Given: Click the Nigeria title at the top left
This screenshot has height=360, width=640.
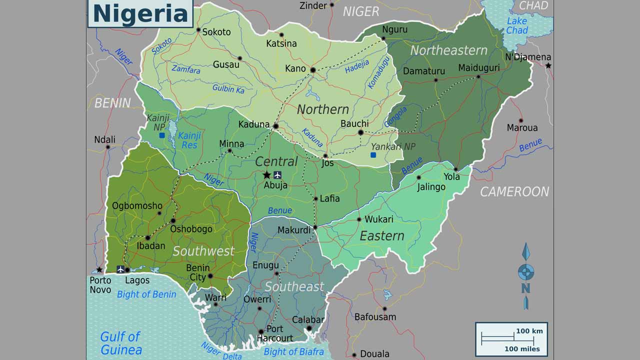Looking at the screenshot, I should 140,13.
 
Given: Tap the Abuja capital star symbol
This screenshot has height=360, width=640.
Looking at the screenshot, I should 267,174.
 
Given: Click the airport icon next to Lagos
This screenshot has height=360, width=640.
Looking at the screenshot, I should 120,269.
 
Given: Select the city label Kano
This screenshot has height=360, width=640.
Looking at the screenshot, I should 295,68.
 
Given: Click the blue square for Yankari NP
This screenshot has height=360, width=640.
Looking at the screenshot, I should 373,155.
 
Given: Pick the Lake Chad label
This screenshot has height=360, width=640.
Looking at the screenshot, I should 516,25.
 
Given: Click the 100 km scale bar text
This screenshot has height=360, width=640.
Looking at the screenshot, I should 529,331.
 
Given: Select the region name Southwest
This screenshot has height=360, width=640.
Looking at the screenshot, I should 203,251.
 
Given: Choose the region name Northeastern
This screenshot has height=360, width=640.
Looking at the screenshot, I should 448,50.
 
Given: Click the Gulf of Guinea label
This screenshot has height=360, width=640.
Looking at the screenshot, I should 120,343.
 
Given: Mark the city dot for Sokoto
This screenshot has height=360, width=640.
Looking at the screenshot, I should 198,30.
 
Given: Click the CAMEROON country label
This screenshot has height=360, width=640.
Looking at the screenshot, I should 514,191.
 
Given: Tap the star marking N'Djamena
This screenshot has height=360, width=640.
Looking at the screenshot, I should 548,65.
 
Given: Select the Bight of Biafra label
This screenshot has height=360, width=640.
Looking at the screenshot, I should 293,352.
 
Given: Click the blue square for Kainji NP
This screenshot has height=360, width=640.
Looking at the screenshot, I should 161,135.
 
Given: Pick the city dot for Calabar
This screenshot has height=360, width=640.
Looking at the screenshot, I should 309,328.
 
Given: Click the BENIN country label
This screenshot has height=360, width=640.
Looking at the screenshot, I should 112,103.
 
